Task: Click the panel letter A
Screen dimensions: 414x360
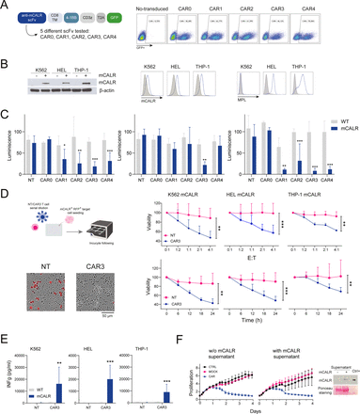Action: (x=7, y=6)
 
